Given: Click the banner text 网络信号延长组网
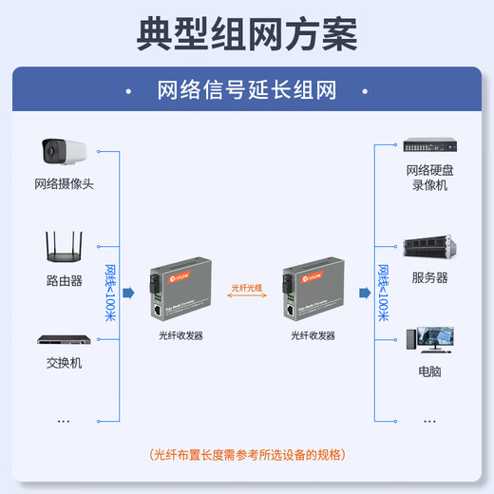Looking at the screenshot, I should click(247, 90).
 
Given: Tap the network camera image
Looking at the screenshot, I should click(63, 151).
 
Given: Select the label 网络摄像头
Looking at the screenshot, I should click(64, 183).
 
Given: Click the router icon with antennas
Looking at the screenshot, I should click(64, 248).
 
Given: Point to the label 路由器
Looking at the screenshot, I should click(64, 281).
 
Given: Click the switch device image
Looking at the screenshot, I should click(64, 338).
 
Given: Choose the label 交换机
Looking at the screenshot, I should click(64, 363).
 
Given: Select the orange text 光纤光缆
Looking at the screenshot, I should click(246, 285).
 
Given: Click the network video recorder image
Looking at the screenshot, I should click(429, 146).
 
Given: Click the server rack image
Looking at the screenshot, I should click(429, 249).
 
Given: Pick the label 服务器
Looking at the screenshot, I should click(429, 278).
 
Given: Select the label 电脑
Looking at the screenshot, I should click(429, 371).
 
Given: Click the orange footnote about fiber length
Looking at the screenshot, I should click(247, 454).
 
